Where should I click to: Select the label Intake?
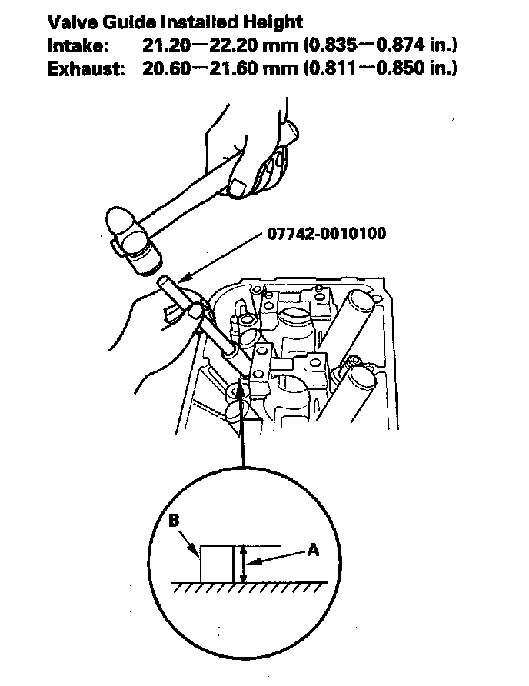(78, 45)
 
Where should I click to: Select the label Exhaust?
(85, 68)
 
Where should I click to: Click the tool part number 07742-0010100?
(327, 234)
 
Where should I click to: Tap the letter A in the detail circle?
(313, 550)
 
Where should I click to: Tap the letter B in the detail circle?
(174, 521)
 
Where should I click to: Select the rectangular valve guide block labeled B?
(216, 564)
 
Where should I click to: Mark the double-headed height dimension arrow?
(243, 564)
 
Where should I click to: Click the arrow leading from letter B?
(189, 542)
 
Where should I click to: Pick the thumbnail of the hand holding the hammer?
(238, 188)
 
